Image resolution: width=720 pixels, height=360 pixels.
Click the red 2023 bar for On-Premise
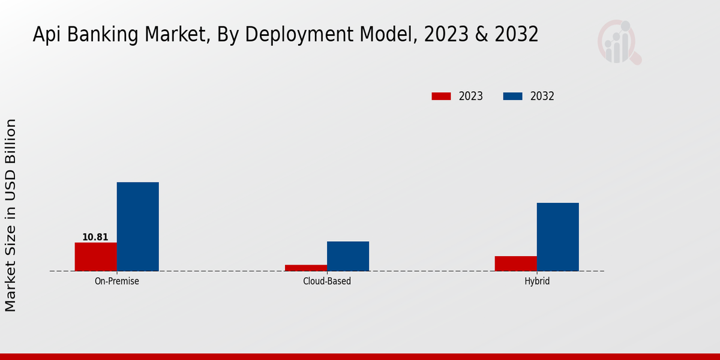pyautogui.click(x=96, y=257)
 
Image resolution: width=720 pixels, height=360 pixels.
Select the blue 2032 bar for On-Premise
pyautogui.click(x=138, y=227)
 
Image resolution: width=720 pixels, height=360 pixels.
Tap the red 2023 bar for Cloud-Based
pyautogui.click(x=306, y=268)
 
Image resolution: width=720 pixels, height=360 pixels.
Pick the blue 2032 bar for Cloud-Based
pyautogui.click(x=348, y=256)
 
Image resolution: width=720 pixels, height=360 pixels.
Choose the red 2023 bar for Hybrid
pyautogui.click(x=516, y=263)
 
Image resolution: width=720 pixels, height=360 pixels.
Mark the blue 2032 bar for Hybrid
pyautogui.click(x=558, y=237)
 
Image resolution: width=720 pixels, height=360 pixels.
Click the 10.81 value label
pyautogui.click(x=95, y=237)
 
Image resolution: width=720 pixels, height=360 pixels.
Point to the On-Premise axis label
pyautogui.click(x=117, y=281)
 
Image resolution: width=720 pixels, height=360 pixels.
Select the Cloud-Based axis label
pyautogui.click(x=327, y=281)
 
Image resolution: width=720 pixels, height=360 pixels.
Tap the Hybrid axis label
pyautogui.click(x=537, y=281)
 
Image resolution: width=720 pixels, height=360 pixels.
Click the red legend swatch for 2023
pyautogui.click(x=441, y=96)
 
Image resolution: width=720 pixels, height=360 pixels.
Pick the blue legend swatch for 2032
pyautogui.click(x=512, y=96)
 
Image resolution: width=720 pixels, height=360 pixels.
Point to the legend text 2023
pyautogui.click(x=471, y=96)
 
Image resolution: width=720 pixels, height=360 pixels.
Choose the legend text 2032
pyautogui.click(x=542, y=96)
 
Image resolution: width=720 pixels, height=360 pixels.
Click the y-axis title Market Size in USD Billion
pyautogui.click(x=11, y=215)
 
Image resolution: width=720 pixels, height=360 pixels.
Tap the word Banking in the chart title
pyautogui.click(x=106, y=35)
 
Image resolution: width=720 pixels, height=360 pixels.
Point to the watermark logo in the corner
pyautogui.click(x=619, y=42)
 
